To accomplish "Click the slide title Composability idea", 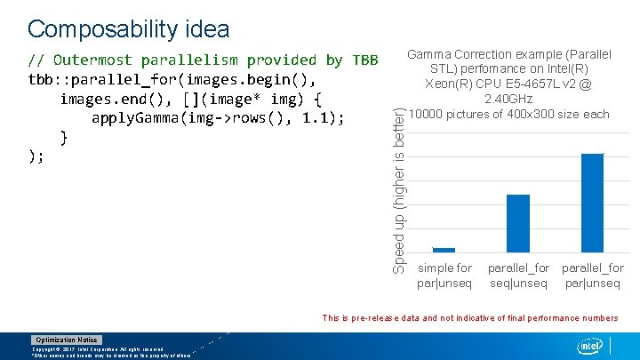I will (x=129, y=28).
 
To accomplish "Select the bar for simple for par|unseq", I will (x=444, y=250).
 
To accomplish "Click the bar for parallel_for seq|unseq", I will (x=517, y=223).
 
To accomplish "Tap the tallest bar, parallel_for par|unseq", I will (x=592, y=203).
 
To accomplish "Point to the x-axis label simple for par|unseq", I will (x=444, y=276).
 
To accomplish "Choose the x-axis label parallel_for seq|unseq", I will (x=518, y=276).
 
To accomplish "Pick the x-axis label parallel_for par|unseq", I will (x=592, y=276).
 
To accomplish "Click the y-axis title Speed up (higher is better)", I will (x=400, y=188).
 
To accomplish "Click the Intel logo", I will (x=589, y=345).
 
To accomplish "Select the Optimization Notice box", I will (x=67, y=340).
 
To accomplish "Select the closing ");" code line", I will (x=36, y=156).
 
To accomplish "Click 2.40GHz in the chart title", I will (x=508, y=99).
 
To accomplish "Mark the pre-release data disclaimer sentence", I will (x=469, y=317).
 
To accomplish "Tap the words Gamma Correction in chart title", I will (x=460, y=55).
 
